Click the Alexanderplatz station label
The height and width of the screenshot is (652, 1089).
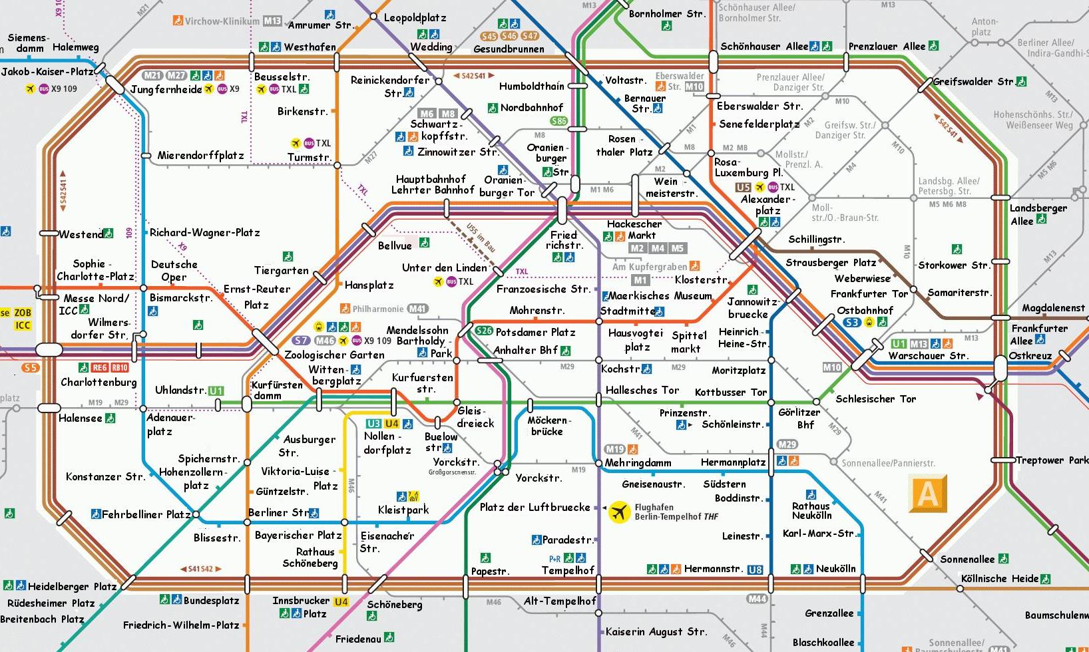click(767, 204)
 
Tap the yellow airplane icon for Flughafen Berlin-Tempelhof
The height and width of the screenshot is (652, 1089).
click(620, 512)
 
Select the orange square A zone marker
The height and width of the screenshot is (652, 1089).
click(927, 494)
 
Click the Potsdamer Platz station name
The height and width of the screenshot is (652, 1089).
click(535, 331)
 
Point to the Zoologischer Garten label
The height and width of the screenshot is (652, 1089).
click(334, 355)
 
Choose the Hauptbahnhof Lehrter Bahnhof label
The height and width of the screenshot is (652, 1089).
click(433, 184)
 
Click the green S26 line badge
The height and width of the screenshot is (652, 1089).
click(484, 331)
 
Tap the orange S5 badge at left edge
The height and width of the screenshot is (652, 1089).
click(30, 368)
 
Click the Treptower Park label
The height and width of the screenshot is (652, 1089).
click(1051, 460)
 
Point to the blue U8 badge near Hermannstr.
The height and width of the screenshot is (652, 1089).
click(755, 570)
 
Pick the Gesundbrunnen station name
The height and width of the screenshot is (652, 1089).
click(509, 49)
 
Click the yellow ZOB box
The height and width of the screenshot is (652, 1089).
click(23, 312)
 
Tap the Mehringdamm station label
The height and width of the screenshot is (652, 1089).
click(638, 462)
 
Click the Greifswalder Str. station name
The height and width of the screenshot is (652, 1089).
click(973, 82)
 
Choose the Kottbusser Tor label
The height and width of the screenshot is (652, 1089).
click(730, 392)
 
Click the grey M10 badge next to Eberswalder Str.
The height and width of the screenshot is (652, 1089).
click(694, 86)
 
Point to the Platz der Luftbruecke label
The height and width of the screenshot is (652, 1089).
click(535, 507)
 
